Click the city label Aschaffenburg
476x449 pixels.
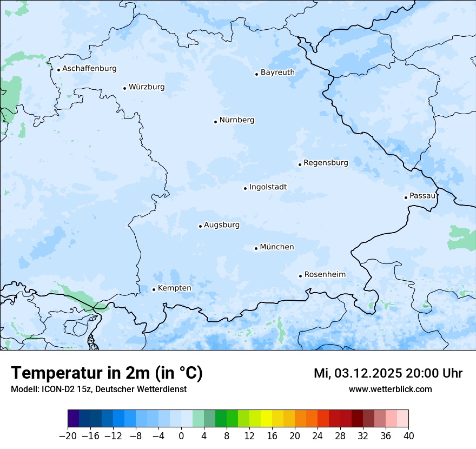point(89,69)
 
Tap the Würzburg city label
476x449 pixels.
point(147,87)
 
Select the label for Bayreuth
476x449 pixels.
point(277,72)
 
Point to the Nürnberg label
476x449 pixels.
point(236,120)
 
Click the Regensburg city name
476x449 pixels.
point(326,163)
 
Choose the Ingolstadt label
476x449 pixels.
point(268,187)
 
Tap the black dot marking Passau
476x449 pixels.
point(406,197)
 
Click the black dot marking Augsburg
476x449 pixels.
point(200,226)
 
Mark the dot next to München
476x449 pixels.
point(256,249)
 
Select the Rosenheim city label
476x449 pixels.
point(325,275)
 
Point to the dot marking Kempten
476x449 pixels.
point(154,289)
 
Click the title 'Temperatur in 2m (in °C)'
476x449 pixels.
point(107,373)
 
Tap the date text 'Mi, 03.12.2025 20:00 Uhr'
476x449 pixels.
point(388,373)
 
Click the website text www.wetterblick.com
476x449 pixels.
point(390,389)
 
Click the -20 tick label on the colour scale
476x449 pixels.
point(68,435)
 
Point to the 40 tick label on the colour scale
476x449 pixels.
point(408,435)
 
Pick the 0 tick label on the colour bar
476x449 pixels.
point(181,435)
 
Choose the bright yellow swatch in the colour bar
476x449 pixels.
point(266,419)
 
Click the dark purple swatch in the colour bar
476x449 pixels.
point(74,419)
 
